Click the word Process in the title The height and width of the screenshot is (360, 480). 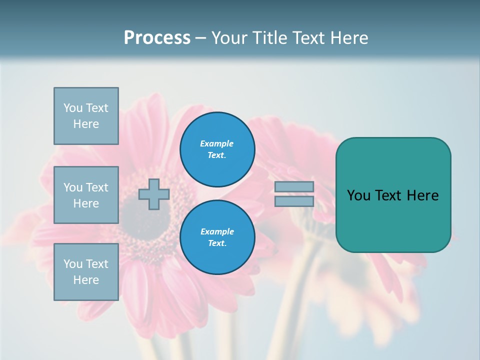[157, 38]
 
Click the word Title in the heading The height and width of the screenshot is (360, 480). [269, 38]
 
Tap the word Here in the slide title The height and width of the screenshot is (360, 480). [348, 38]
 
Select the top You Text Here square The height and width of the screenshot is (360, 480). [86, 116]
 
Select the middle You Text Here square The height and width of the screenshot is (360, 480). [86, 195]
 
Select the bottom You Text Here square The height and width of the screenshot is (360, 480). [86, 272]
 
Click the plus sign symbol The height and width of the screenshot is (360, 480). [154, 194]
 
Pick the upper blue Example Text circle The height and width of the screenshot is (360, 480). [217, 149]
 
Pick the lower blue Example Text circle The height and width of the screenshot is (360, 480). [217, 237]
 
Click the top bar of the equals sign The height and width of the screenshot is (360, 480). [294, 186]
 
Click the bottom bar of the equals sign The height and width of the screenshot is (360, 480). [294, 201]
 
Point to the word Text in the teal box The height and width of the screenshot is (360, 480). [392, 195]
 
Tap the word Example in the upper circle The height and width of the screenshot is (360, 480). [216, 143]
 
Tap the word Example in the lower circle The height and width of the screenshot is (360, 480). [217, 231]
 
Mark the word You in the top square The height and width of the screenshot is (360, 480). [73, 108]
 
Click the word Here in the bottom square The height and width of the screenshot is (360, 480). [86, 280]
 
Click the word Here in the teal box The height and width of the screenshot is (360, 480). [422, 195]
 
